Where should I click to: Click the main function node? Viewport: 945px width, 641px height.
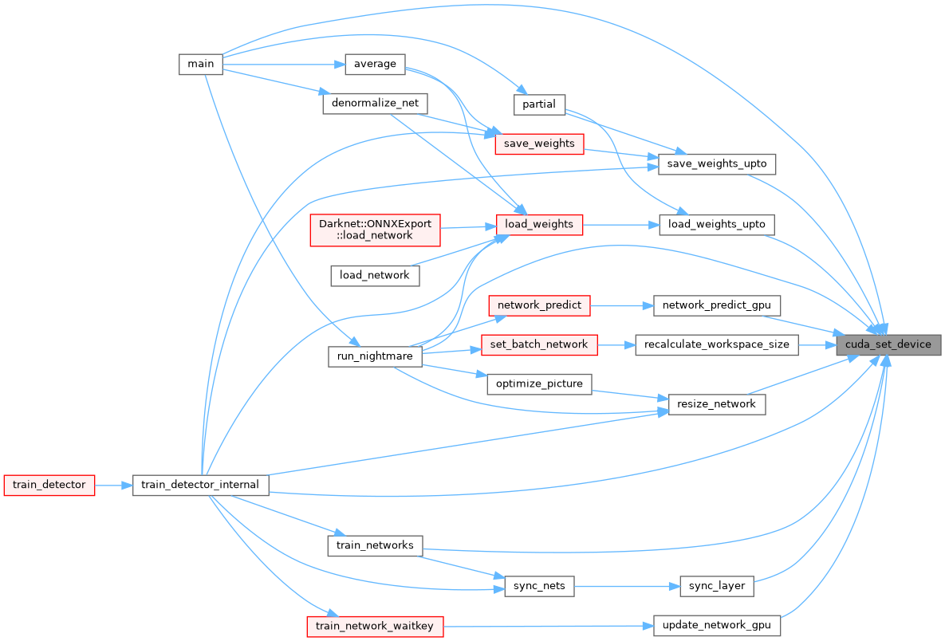click(200, 64)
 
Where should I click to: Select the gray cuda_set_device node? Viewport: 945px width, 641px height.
click(888, 344)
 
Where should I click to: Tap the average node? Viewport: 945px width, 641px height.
click(375, 64)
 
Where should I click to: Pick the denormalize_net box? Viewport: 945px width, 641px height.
click(375, 104)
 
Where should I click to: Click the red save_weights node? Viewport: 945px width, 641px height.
click(539, 144)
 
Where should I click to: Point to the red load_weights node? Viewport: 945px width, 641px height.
click(539, 224)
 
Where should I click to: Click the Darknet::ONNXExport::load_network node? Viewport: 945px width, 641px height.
click(375, 230)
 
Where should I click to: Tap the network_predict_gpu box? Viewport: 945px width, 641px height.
click(715, 305)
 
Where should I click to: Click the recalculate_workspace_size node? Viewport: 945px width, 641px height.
click(716, 344)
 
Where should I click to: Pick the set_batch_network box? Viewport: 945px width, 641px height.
click(539, 344)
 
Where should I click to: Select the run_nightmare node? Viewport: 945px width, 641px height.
click(374, 356)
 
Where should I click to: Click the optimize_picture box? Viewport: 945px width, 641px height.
click(539, 383)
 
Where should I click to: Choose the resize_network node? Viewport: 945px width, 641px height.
click(716, 403)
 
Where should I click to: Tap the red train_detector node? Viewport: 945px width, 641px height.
click(49, 484)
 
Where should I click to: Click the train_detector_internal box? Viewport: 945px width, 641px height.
click(200, 484)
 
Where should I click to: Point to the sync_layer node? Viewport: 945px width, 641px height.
click(716, 586)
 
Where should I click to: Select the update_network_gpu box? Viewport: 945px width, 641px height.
click(716, 625)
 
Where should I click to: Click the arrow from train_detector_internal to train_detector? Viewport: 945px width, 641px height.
click(114, 484)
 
